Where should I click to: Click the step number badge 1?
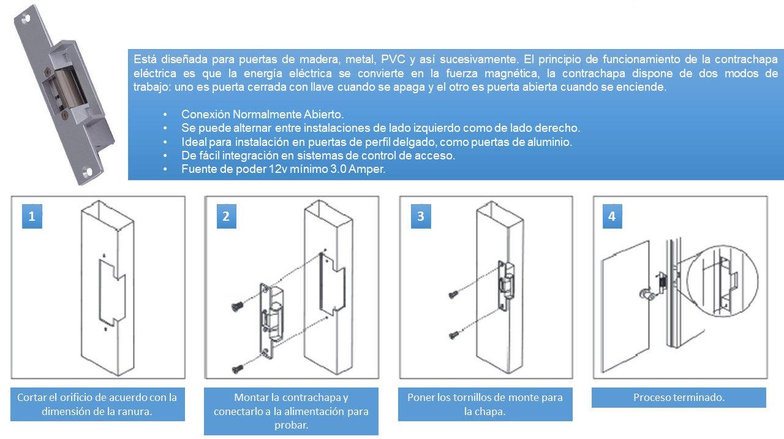pos(32,216)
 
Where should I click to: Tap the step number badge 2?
pos(226,216)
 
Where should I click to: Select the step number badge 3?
pos(420,216)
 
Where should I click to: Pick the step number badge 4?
pos(612,216)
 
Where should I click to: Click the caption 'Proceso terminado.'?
pos(679,397)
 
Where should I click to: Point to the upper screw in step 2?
pos(237,305)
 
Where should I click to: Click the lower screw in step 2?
pos(237,368)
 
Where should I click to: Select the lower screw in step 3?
pos(454,335)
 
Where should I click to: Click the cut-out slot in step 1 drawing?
pos(111,291)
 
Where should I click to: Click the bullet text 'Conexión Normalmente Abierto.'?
pos(263,115)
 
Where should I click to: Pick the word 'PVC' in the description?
pos(392,59)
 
